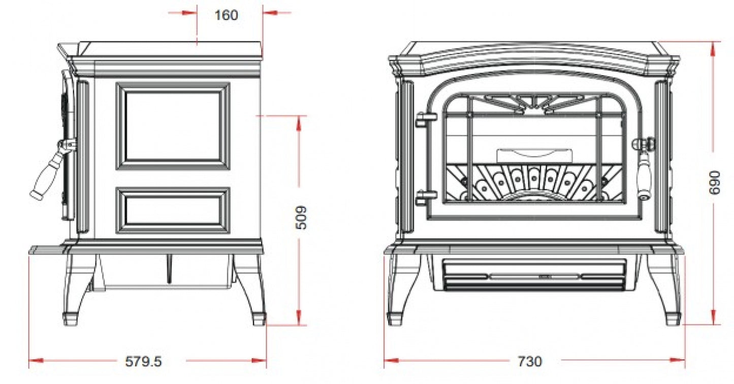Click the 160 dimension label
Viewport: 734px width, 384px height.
pos(226,15)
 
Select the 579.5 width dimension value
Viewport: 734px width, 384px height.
pos(144,361)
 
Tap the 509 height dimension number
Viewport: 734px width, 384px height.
pos(301,218)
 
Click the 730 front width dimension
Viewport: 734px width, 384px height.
pos(530,361)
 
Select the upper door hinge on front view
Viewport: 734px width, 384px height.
pos(426,119)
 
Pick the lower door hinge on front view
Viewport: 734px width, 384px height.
pos(426,198)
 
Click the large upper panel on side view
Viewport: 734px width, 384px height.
pos(173,126)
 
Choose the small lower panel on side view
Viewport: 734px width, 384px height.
pos(173,210)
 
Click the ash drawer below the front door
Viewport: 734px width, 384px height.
pos(534,275)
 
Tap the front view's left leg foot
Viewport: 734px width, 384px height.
pos(396,318)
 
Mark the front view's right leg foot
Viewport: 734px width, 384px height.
pos(673,318)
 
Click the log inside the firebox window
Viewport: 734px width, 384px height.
pos(535,156)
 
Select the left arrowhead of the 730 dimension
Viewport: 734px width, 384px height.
pos(391,361)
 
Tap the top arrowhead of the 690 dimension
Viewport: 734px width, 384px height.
pos(714,49)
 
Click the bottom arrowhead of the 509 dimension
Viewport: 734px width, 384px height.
pos(299,318)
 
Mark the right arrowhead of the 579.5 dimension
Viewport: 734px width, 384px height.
pos(259,361)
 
